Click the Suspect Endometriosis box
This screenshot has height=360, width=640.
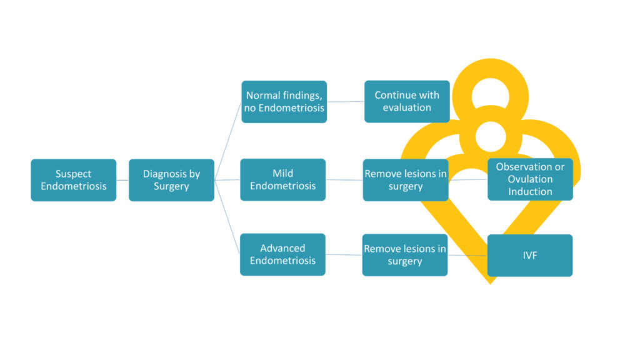pos(74,180)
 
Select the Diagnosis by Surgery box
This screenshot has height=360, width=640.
pos(171,180)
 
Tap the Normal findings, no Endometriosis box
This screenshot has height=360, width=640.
pos(284,102)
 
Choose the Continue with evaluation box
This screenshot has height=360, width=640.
pos(407,101)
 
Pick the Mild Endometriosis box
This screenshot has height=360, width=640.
pos(283,179)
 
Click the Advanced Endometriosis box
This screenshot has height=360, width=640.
pos(282,254)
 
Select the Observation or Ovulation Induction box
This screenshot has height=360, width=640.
pos(530,179)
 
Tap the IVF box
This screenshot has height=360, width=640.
pos(530,255)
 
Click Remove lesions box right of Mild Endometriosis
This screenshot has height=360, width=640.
pos(406,180)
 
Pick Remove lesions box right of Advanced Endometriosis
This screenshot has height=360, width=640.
pos(405,255)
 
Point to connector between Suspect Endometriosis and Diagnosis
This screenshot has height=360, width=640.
pos(122,180)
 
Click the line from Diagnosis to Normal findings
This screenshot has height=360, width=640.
pos(227,141)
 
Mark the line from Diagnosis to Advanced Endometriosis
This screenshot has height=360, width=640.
pos(227,217)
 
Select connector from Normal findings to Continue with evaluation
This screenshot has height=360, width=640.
pos(345,102)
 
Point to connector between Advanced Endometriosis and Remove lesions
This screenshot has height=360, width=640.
pos(344,255)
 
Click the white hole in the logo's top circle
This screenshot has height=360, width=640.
pos(491,96)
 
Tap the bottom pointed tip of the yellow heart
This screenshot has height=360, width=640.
pos(491,284)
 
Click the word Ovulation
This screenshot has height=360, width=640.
pos(530,179)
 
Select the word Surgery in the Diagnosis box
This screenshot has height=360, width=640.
pos(171,186)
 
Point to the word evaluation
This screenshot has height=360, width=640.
pos(407,107)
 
